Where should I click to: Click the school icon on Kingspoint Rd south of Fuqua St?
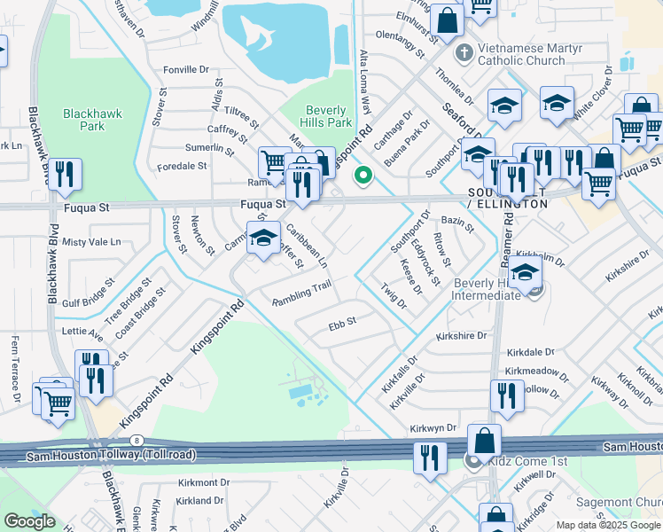point(263,238)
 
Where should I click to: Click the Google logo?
point(29,520)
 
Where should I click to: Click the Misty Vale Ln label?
point(90,241)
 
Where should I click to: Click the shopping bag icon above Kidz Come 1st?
point(484,441)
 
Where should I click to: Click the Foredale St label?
point(182,166)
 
